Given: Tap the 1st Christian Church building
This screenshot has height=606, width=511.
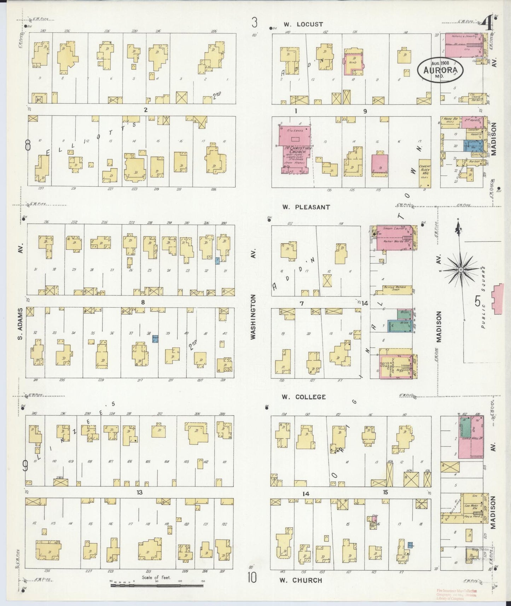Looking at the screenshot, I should click(x=296, y=148).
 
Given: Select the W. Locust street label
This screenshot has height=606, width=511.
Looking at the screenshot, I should click(x=303, y=24).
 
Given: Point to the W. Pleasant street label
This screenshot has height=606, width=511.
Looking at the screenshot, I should click(x=306, y=207).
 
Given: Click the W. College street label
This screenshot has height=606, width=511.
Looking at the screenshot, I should click(x=303, y=397).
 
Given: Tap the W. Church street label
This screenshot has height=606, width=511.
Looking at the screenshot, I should click(x=301, y=580).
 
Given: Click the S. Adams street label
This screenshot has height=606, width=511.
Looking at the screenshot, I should click(x=21, y=324).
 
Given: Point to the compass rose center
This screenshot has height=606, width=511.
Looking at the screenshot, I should click(x=461, y=270).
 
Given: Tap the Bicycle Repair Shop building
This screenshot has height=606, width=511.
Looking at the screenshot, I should click(x=397, y=290).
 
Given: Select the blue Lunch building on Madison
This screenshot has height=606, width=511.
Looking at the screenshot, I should click(x=471, y=145).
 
